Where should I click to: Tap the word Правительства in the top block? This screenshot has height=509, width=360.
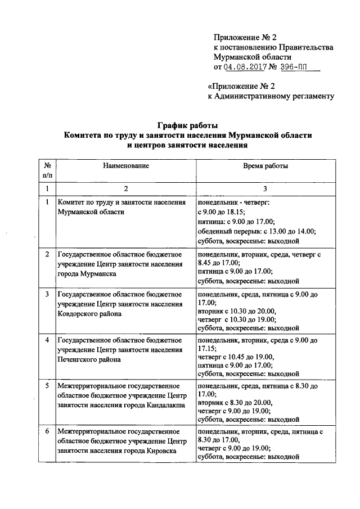pyautogui.click(x=304, y=47)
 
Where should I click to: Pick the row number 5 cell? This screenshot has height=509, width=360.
pyautogui.click(x=47, y=386)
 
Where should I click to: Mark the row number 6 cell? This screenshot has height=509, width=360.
pyautogui.click(x=47, y=431)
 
